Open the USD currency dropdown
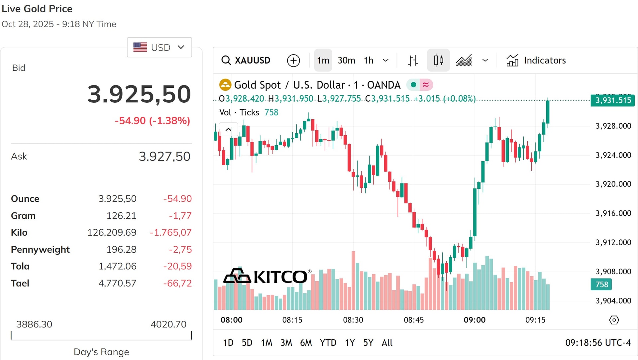(x=159, y=47)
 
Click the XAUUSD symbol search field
(x=246, y=60)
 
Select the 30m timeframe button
(x=346, y=60)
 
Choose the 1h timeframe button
(x=369, y=60)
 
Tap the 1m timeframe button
(x=323, y=60)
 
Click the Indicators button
(x=536, y=60)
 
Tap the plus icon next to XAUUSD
(x=293, y=60)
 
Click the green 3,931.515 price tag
(x=612, y=100)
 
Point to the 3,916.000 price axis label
(x=613, y=213)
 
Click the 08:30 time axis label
(x=353, y=320)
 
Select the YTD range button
(x=328, y=343)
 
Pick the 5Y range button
(x=368, y=343)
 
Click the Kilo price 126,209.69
(x=112, y=232)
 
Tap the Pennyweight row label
(x=40, y=249)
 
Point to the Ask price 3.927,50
(x=164, y=156)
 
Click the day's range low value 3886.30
(x=34, y=324)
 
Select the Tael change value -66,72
(x=177, y=283)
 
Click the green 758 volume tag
(x=601, y=285)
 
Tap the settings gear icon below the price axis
(x=614, y=320)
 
